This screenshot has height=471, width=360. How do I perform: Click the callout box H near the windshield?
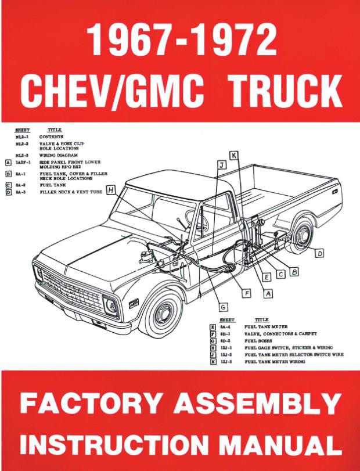[x=110, y=188]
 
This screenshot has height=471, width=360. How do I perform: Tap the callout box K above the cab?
[x=233, y=156]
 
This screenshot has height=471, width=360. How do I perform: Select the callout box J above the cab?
[x=221, y=166]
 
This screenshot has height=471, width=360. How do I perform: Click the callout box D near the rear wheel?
[x=320, y=253]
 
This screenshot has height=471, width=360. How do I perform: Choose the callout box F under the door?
[x=246, y=294]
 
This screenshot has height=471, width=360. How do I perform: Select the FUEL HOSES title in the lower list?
[x=260, y=341]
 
